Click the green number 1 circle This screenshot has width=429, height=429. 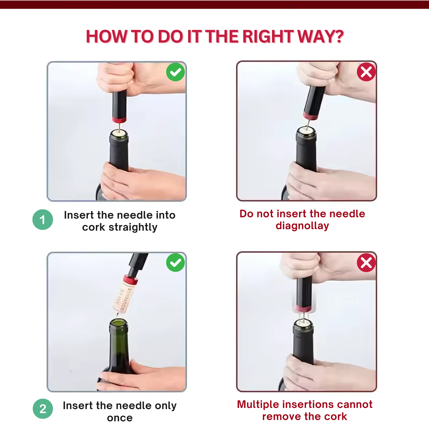point(42,219)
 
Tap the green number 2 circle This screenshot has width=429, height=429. point(43,409)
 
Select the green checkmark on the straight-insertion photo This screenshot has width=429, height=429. point(175,72)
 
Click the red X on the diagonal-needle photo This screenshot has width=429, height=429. point(366,72)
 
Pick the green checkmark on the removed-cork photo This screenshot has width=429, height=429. point(175,262)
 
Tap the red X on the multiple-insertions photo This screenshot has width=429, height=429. point(366,262)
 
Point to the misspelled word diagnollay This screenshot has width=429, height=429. point(302,226)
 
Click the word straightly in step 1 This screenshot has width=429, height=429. point(133,227)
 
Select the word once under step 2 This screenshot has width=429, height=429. point(120,418)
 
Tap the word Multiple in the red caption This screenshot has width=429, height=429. point(258,405)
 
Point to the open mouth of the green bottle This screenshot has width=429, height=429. point(119,323)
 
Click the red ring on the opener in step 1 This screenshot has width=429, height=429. point(119,120)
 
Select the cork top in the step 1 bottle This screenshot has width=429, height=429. point(119,133)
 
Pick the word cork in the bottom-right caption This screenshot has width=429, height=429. point(335,417)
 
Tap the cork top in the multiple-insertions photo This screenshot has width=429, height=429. point(303,323)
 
